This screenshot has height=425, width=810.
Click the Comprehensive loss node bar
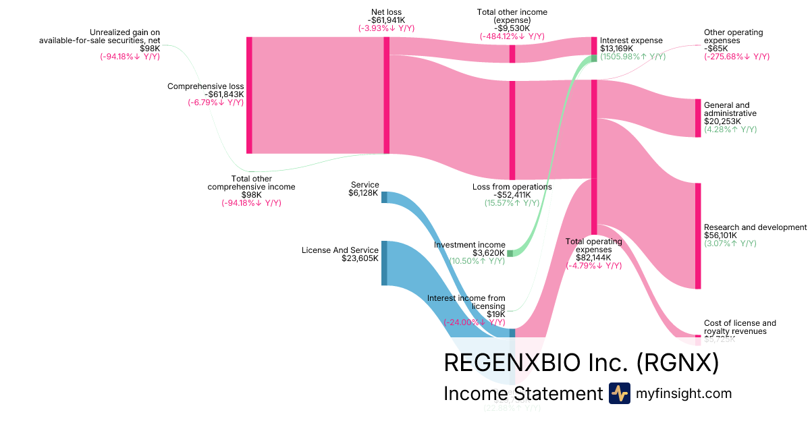249,95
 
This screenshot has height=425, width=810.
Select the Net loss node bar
386,95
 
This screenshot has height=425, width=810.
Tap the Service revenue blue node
384,197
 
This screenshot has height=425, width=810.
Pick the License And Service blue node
384,262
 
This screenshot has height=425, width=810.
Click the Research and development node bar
698,235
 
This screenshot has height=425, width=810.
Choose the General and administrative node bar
698,118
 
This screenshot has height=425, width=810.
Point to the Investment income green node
510,253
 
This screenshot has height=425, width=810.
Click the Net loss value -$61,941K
386,20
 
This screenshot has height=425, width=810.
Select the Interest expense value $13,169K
617,49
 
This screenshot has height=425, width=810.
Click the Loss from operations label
513,187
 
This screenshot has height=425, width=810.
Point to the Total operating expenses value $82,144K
593,257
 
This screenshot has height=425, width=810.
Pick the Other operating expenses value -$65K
716,49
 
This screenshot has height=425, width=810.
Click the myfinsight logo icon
619,393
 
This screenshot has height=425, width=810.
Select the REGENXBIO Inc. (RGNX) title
580,363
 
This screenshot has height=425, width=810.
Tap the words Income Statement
522,394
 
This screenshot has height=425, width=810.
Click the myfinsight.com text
684,394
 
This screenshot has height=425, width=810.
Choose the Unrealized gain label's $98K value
150,49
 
